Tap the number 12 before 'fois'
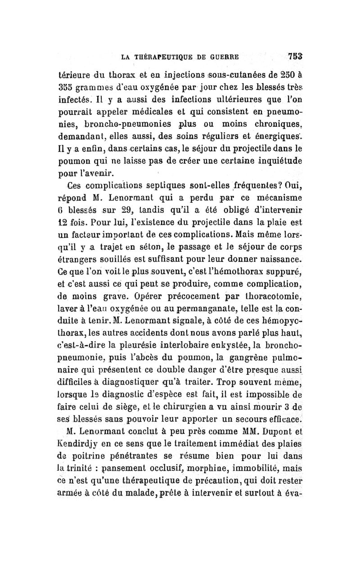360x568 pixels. tap(66, 222)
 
